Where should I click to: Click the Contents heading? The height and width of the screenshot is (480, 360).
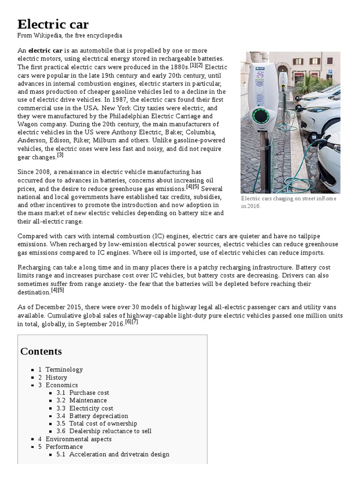(x=41, y=351)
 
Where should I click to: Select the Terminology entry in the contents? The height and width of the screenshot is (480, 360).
(x=64, y=369)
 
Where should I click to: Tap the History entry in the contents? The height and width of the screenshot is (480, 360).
(x=56, y=377)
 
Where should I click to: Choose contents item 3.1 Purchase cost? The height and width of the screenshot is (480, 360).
(x=89, y=393)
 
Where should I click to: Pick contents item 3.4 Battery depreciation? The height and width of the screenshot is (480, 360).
(x=98, y=416)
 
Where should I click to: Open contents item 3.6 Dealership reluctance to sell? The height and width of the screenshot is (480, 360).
(x=110, y=431)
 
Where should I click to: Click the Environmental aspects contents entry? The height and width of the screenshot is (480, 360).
(x=78, y=439)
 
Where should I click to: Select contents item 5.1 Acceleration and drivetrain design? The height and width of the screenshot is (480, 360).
(x=119, y=454)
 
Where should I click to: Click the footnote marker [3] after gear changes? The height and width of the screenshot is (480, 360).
(x=60, y=155)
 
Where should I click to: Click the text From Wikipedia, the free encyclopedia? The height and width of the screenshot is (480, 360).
(x=70, y=36)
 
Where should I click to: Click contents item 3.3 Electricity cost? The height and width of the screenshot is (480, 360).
(x=91, y=408)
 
